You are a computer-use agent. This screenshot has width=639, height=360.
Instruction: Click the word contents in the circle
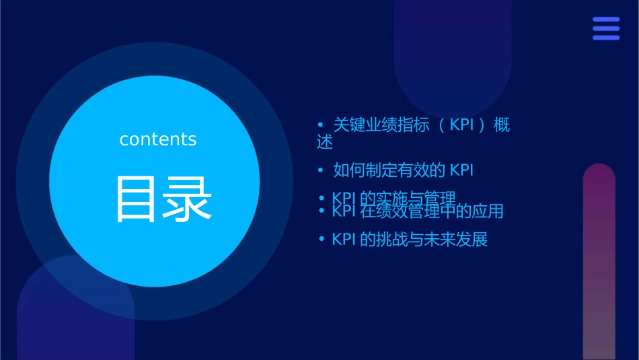tap(158, 139)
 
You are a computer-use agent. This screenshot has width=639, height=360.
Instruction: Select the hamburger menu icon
tap(606, 28)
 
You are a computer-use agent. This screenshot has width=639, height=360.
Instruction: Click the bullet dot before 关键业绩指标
tap(321, 125)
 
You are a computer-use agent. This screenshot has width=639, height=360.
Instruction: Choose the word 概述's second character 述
tap(324, 143)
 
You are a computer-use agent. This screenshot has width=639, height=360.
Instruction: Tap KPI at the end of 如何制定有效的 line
tap(461, 170)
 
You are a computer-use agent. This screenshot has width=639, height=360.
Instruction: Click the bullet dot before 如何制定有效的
tap(321, 170)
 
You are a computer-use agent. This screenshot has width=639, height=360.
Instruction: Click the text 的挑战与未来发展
tap(424, 240)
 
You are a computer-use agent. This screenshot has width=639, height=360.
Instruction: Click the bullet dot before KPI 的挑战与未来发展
tap(321, 240)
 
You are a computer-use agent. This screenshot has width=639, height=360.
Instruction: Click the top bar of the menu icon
tap(606, 20)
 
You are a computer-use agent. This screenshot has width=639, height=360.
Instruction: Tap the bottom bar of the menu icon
tap(606, 38)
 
